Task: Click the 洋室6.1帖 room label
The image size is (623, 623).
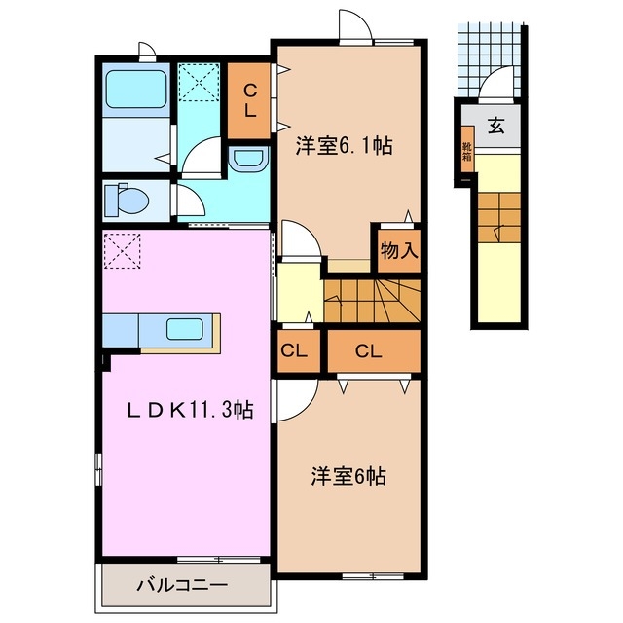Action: [345, 147]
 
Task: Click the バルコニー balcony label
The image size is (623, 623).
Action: [182, 586]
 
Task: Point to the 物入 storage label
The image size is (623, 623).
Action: [399, 249]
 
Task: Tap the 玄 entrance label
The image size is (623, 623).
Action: [495, 126]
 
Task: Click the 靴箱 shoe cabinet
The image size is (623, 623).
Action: [468, 154]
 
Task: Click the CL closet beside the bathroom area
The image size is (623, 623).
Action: [249, 98]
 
